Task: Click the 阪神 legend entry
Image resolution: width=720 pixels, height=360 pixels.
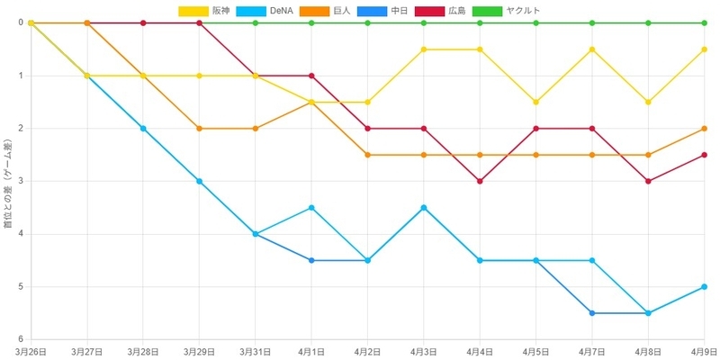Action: tap(207, 11)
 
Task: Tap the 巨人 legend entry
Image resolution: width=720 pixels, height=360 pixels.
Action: tap(324, 11)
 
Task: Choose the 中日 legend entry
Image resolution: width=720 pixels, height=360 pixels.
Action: tap(381, 11)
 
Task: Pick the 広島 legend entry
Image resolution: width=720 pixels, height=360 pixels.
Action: tap(439, 11)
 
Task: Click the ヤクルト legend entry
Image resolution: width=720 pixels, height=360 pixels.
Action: tap(506, 11)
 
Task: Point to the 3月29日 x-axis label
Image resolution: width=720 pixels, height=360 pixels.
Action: tap(199, 352)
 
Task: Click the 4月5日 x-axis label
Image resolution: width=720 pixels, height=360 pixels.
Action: tap(535, 352)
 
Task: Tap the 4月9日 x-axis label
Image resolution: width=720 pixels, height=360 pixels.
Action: tap(706, 352)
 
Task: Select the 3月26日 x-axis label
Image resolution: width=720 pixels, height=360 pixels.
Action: tap(31, 352)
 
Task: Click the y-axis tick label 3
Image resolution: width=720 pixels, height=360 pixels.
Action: tap(20, 181)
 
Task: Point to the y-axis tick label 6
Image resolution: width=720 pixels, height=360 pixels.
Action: tap(20, 339)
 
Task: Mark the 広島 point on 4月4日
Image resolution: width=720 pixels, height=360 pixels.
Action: tap(480, 181)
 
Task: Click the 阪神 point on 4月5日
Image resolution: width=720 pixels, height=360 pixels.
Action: tap(535, 102)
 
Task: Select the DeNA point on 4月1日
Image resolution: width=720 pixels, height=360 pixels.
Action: tap(311, 208)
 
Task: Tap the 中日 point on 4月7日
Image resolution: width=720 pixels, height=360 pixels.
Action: tap(592, 313)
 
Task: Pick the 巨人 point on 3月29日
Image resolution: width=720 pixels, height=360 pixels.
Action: tap(199, 129)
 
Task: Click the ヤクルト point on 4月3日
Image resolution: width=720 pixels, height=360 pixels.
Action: tap(424, 23)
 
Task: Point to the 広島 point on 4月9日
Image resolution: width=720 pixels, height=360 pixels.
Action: tap(705, 155)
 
